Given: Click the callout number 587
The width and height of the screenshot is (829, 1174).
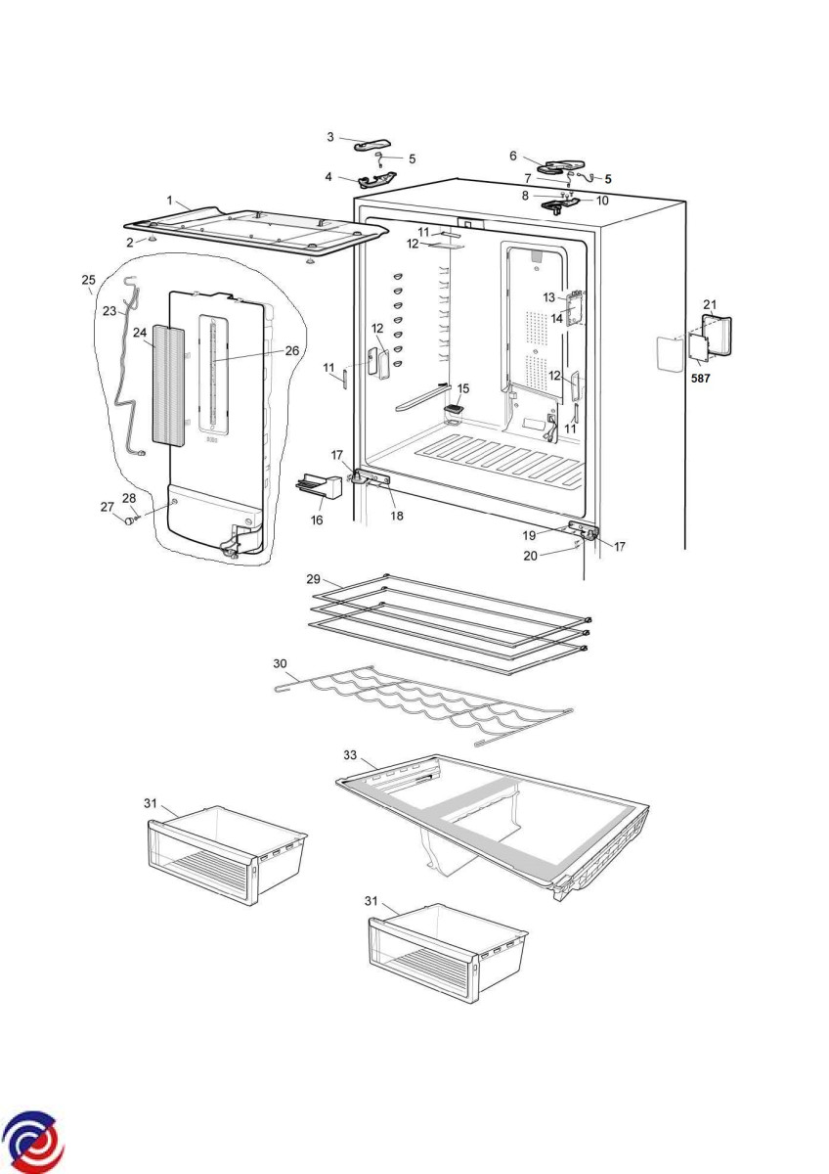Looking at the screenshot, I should [700, 377].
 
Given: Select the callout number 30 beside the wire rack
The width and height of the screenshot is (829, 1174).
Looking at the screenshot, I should [280, 664].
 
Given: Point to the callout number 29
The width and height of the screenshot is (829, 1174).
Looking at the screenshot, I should [314, 579].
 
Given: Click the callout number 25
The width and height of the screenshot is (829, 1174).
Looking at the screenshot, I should [88, 280].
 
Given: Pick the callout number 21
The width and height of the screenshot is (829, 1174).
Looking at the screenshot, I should [710, 304].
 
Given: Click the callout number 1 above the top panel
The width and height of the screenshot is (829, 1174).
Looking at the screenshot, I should [169, 201].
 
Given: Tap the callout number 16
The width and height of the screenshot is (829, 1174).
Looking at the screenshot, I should [317, 520].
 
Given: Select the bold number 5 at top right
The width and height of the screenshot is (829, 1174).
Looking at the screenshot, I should [607, 179].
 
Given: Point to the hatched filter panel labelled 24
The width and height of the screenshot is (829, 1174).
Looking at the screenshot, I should [169, 386].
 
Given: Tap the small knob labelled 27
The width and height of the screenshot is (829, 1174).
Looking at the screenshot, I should [126, 519].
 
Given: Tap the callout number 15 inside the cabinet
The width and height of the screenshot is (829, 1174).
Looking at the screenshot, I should [463, 388].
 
